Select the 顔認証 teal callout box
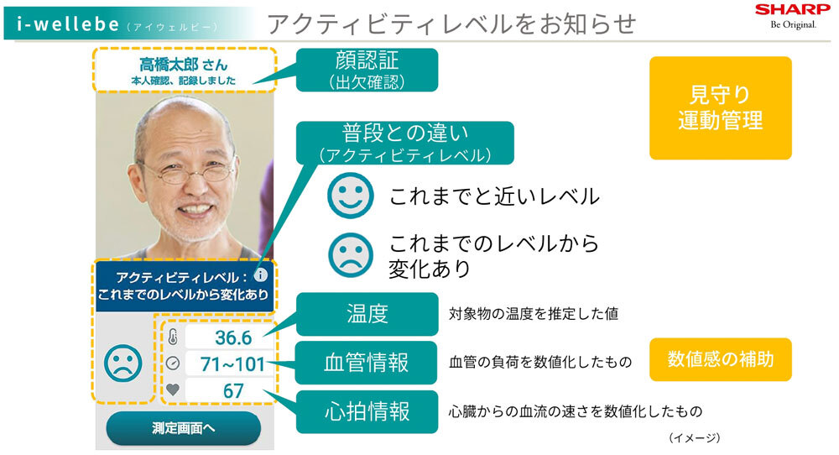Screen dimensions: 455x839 [x=367, y=70]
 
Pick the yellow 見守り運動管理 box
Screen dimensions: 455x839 [x=720, y=108]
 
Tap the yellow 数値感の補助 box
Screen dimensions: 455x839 [x=720, y=359]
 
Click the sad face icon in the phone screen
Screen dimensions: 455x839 [x=123, y=363]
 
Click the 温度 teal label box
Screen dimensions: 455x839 [x=367, y=314]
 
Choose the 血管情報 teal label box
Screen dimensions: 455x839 [x=367, y=363]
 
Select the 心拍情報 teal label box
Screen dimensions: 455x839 [x=367, y=411]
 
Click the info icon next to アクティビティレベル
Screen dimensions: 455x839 [x=260, y=275]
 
